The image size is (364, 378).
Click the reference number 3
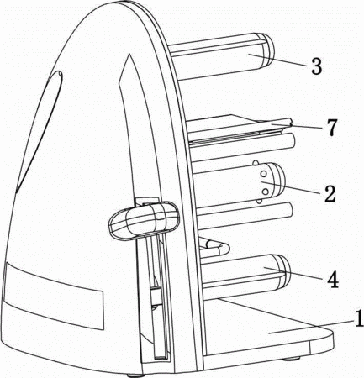316,66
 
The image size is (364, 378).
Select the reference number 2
330,193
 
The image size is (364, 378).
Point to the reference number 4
332,279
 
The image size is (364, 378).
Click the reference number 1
358,318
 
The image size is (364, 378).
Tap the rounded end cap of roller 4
281,272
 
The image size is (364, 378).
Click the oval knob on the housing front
144,220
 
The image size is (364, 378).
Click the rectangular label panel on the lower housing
54,296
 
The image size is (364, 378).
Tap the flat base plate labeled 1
269,330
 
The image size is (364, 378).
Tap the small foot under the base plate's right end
292,359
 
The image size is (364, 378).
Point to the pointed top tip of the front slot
129,55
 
